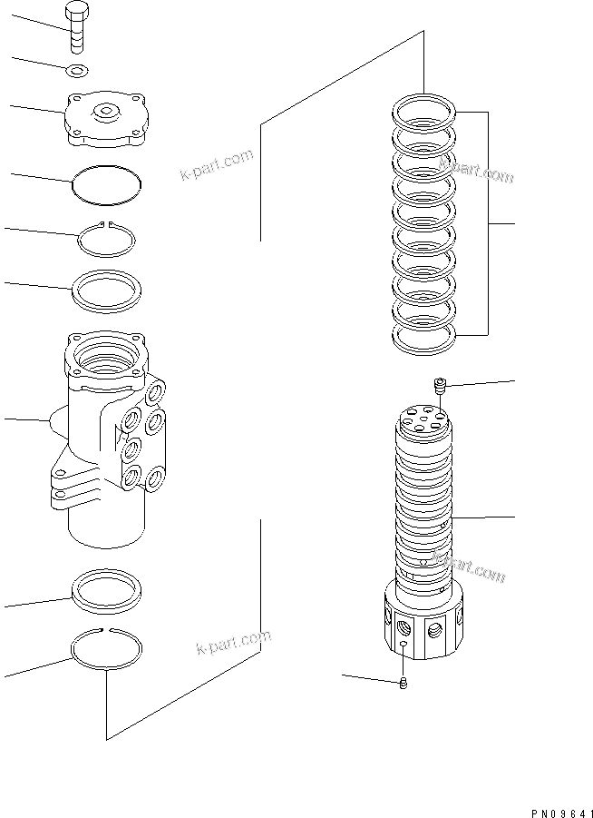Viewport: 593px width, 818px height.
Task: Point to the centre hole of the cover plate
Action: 107,112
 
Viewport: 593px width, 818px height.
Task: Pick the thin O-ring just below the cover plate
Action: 107,184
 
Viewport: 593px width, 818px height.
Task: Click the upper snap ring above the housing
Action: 107,240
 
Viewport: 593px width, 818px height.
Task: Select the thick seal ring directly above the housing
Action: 107,290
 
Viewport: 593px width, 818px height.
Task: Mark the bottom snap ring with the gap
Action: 106,649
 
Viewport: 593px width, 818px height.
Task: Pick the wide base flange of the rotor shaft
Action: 424,624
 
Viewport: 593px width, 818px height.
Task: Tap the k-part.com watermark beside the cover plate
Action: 216,165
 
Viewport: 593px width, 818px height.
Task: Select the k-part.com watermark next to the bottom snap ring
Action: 233,642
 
